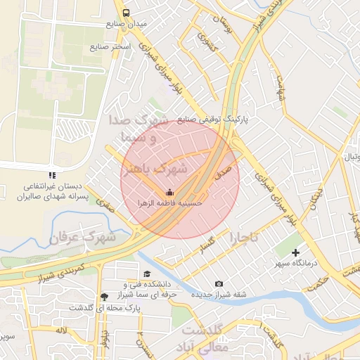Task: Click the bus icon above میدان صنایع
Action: pyautogui.click(x=126, y=13)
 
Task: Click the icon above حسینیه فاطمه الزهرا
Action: pyautogui.click(x=168, y=192)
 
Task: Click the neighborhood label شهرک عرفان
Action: pyautogui.click(x=82, y=238)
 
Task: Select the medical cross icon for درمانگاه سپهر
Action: pyautogui.click(x=295, y=252)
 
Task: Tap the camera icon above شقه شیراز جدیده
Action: pyautogui.click(x=219, y=283)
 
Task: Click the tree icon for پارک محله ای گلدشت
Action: pyautogui.click(x=105, y=297)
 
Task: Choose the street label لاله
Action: pyautogui.click(x=62, y=330)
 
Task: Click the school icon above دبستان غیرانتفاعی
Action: pyautogui.click(x=50, y=174)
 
